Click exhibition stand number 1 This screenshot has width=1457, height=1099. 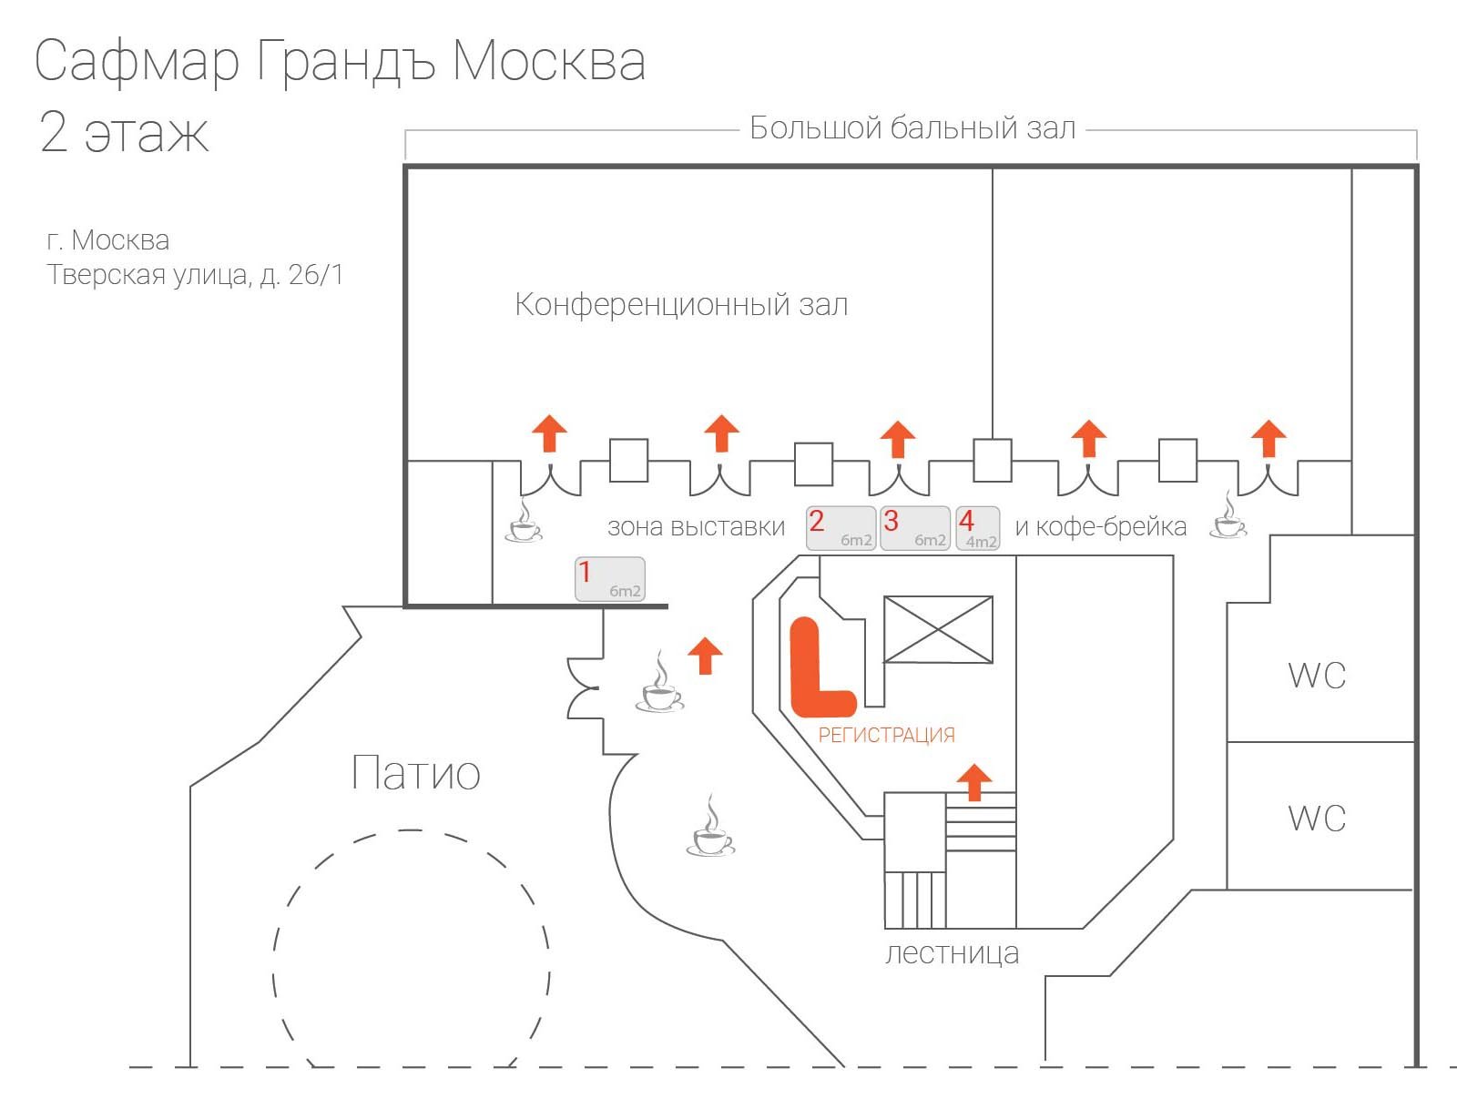(x=609, y=579)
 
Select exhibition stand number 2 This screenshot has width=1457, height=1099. (x=841, y=528)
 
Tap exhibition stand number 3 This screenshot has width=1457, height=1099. (x=914, y=528)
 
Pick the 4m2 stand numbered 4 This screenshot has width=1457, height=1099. (x=977, y=528)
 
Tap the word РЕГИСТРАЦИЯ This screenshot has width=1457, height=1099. (x=886, y=735)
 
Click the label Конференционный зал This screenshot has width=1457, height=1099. (x=681, y=304)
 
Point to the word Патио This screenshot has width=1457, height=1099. (x=415, y=773)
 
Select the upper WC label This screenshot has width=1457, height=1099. (x=1317, y=676)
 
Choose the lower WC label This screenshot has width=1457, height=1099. (x=1317, y=818)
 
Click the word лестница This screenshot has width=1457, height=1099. (x=952, y=953)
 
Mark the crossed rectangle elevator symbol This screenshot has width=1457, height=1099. (x=938, y=629)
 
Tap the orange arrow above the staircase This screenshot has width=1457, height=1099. (x=974, y=781)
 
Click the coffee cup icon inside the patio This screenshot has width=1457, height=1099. (x=709, y=829)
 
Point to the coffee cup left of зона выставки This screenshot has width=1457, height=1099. (x=524, y=522)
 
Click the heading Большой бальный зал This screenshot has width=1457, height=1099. (x=912, y=128)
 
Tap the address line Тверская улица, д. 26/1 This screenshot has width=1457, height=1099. (x=195, y=275)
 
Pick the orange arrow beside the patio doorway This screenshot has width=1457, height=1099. (x=705, y=655)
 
